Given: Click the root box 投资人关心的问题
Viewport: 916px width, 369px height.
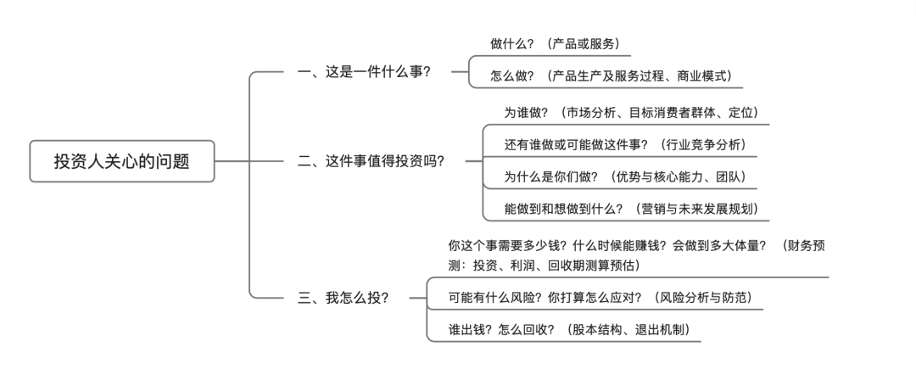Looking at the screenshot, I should click(x=122, y=161).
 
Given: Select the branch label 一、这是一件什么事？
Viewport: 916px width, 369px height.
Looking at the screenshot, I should click(x=364, y=72).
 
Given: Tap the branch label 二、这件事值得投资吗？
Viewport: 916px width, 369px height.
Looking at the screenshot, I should click(x=371, y=161).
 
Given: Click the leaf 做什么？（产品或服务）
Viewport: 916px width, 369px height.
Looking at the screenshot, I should click(x=560, y=43).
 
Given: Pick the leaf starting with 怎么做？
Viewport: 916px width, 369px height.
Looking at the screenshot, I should click(x=610, y=75).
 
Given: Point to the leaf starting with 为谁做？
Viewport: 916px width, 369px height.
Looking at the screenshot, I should click(x=631, y=112).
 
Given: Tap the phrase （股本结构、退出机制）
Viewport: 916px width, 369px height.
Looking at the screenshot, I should click(x=633, y=330).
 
